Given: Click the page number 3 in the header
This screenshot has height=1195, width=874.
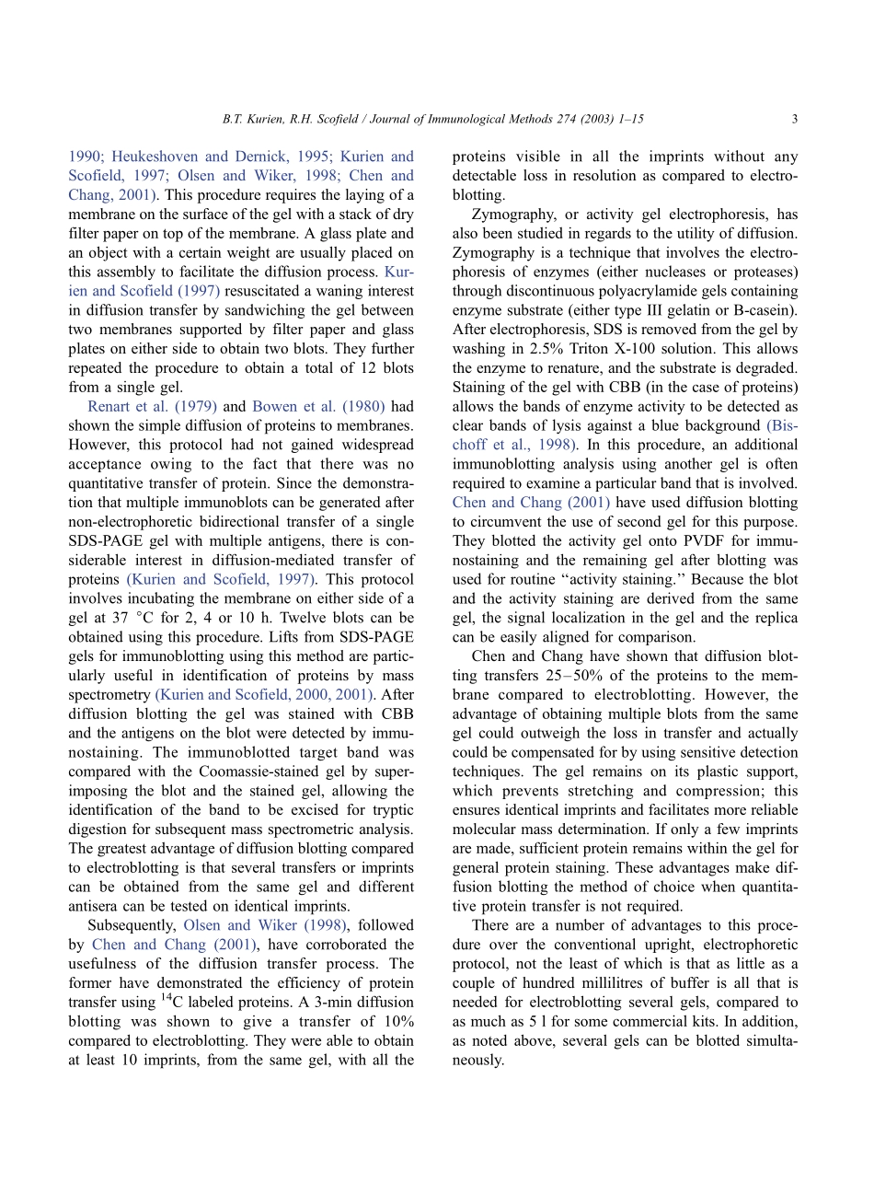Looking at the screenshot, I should pos(794,119).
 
